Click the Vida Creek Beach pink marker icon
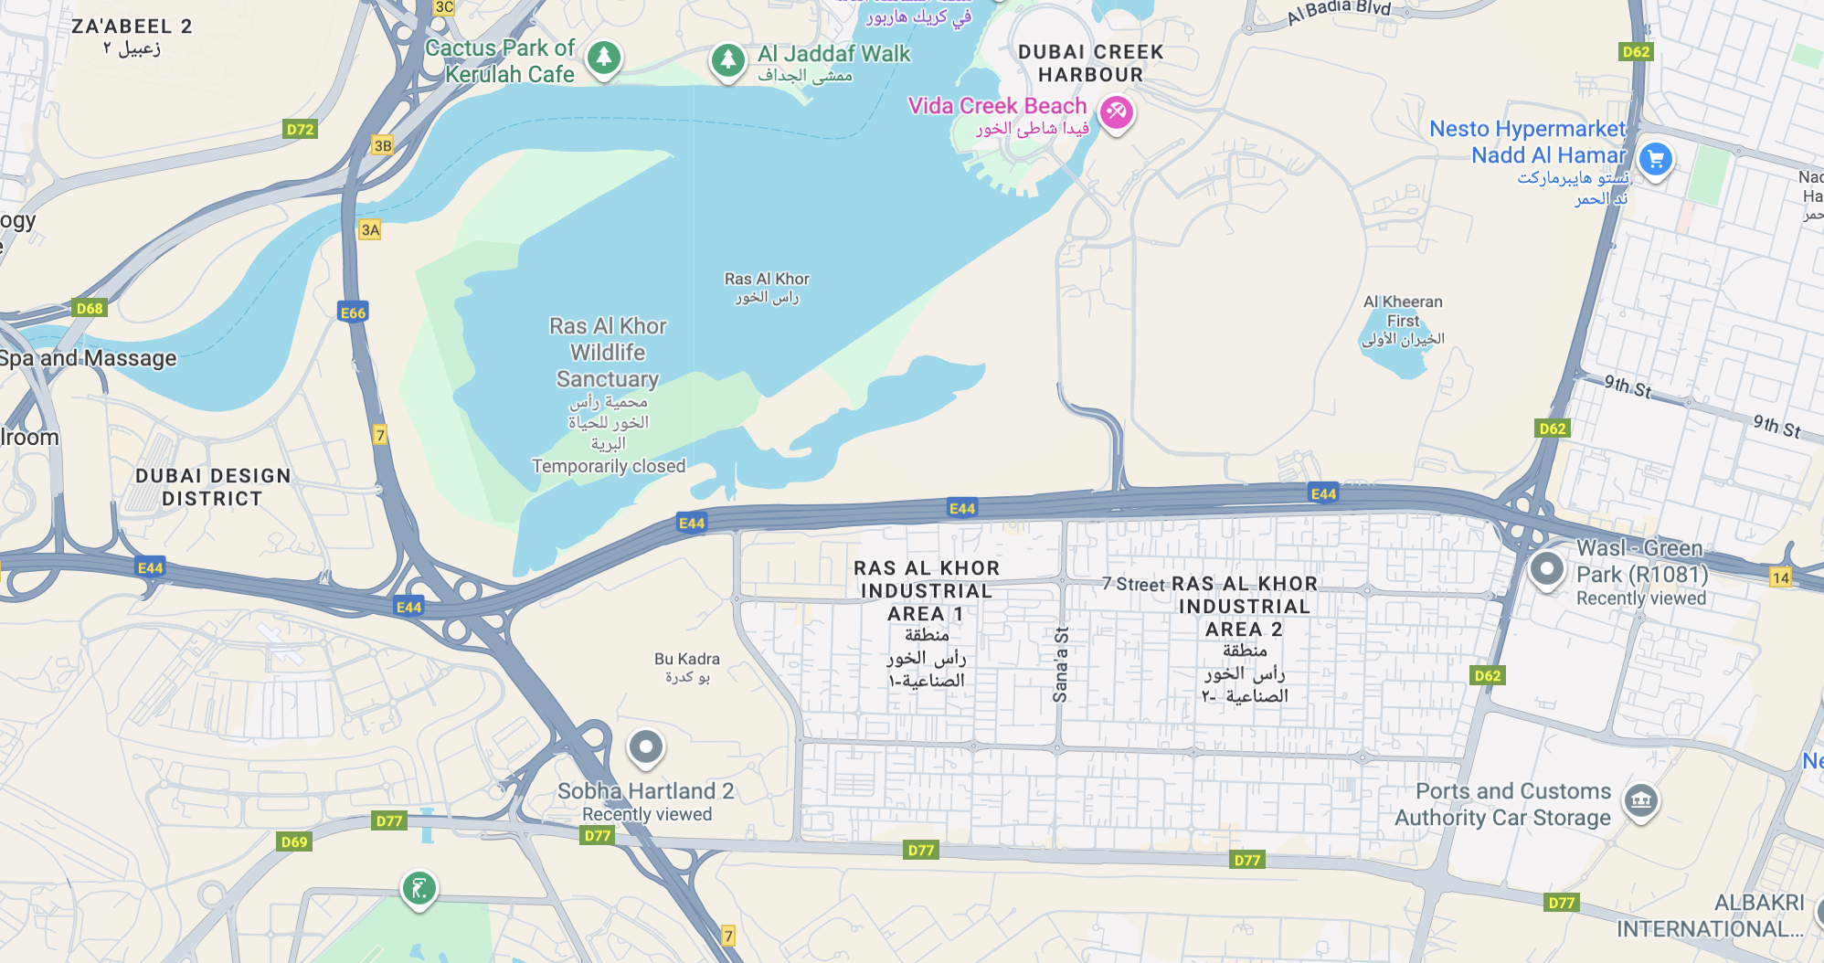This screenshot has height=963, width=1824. tap(1116, 113)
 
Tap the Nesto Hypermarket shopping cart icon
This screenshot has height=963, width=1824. tap(1655, 160)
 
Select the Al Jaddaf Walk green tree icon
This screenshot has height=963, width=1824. tap(727, 61)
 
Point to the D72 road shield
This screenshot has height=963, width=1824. tap(300, 130)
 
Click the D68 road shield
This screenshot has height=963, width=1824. tap(90, 308)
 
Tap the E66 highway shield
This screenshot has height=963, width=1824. tap(353, 312)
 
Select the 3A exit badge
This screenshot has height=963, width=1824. tap(370, 230)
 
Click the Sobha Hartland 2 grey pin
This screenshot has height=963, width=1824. tap(645, 747)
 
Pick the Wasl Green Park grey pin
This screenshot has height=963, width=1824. tap(1546, 569)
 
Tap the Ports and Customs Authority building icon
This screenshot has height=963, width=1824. tap(1640, 801)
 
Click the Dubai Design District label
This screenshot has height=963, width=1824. tap(212, 487)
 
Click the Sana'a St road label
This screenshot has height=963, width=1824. tap(1060, 664)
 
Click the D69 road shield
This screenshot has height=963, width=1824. tap(294, 841)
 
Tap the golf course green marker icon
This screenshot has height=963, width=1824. tap(419, 887)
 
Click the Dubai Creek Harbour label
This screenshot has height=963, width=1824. tap(1090, 63)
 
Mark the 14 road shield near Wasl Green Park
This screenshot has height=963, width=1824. tap(1780, 577)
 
